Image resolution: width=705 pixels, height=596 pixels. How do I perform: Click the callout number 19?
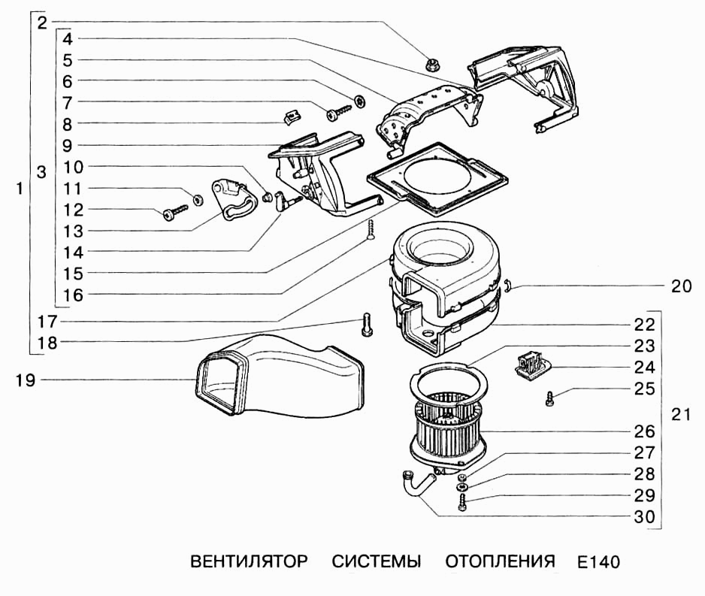(x=25, y=380)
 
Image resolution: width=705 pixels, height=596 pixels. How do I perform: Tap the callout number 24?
(x=644, y=368)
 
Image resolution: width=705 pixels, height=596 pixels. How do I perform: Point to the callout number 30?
(x=644, y=517)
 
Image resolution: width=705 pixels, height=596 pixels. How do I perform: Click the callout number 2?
(x=42, y=22)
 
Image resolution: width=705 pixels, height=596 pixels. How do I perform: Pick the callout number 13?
(x=73, y=231)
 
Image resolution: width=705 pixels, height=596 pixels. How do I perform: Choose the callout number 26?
(x=644, y=431)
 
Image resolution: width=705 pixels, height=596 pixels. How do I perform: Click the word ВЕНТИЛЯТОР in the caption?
(x=249, y=562)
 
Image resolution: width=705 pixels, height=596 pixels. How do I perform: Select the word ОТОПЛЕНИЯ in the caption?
(x=500, y=562)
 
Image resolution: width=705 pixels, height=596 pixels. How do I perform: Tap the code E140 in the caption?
(x=599, y=563)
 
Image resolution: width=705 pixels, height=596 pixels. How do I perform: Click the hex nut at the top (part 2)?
(x=432, y=65)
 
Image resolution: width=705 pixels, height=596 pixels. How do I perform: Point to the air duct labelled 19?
(x=278, y=380)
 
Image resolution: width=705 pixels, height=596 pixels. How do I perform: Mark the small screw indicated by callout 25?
(x=550, y=399)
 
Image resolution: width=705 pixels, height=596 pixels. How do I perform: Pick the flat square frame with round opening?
(x=436, y=177)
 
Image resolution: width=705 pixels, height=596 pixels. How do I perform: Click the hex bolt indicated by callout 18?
(x=366, y=326)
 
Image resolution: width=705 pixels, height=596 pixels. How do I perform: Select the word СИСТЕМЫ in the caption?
(x=377, y=562)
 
